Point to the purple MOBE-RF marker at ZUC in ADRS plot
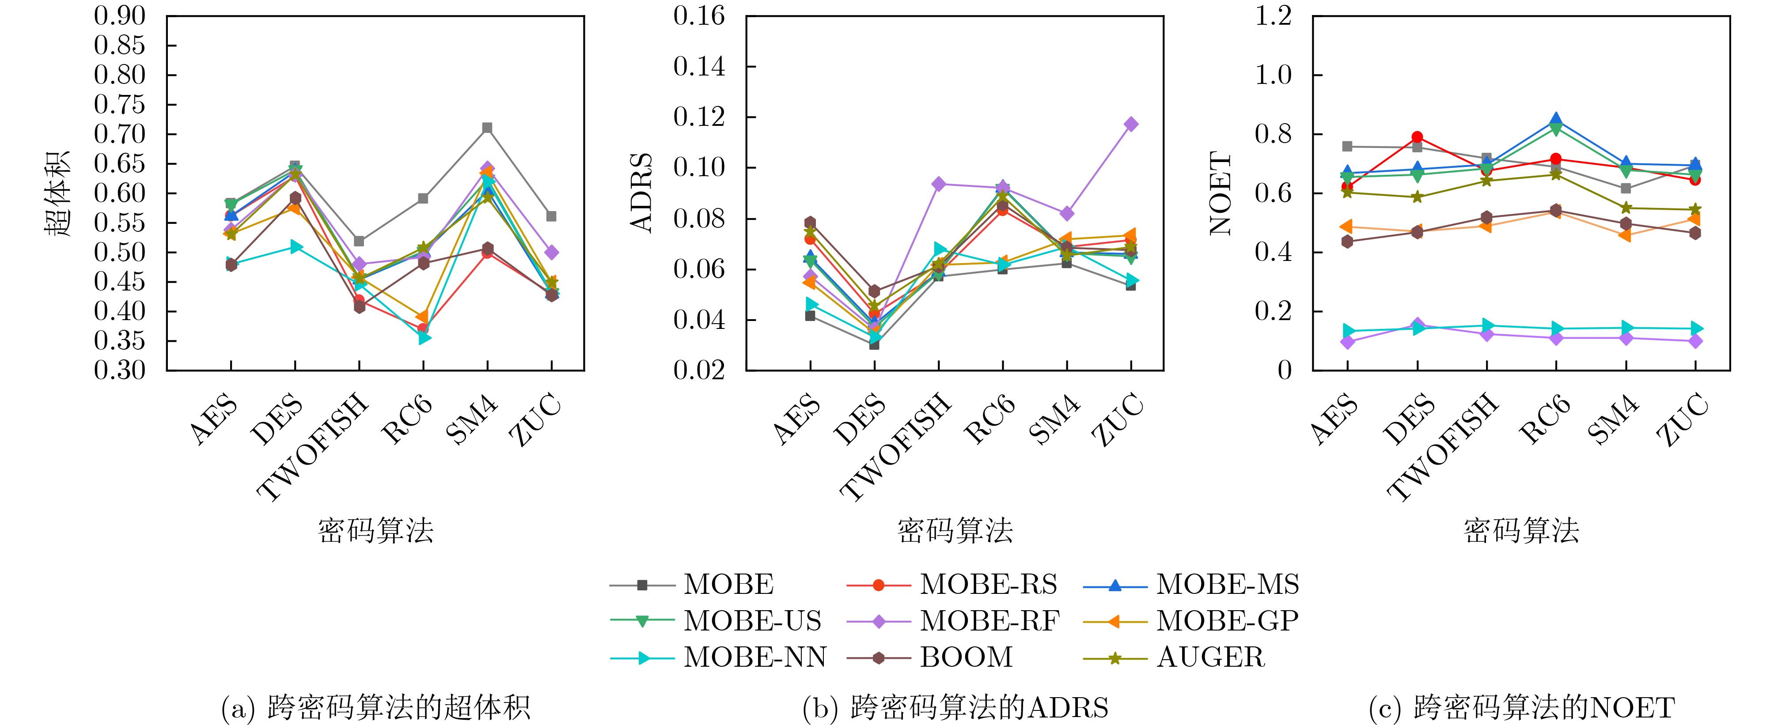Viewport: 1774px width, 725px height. click(1131, 125)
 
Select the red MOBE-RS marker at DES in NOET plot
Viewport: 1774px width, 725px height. click(1417, 137)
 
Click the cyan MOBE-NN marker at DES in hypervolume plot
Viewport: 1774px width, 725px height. click(296, 246)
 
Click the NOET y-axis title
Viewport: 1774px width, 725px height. click(1221, 193)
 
